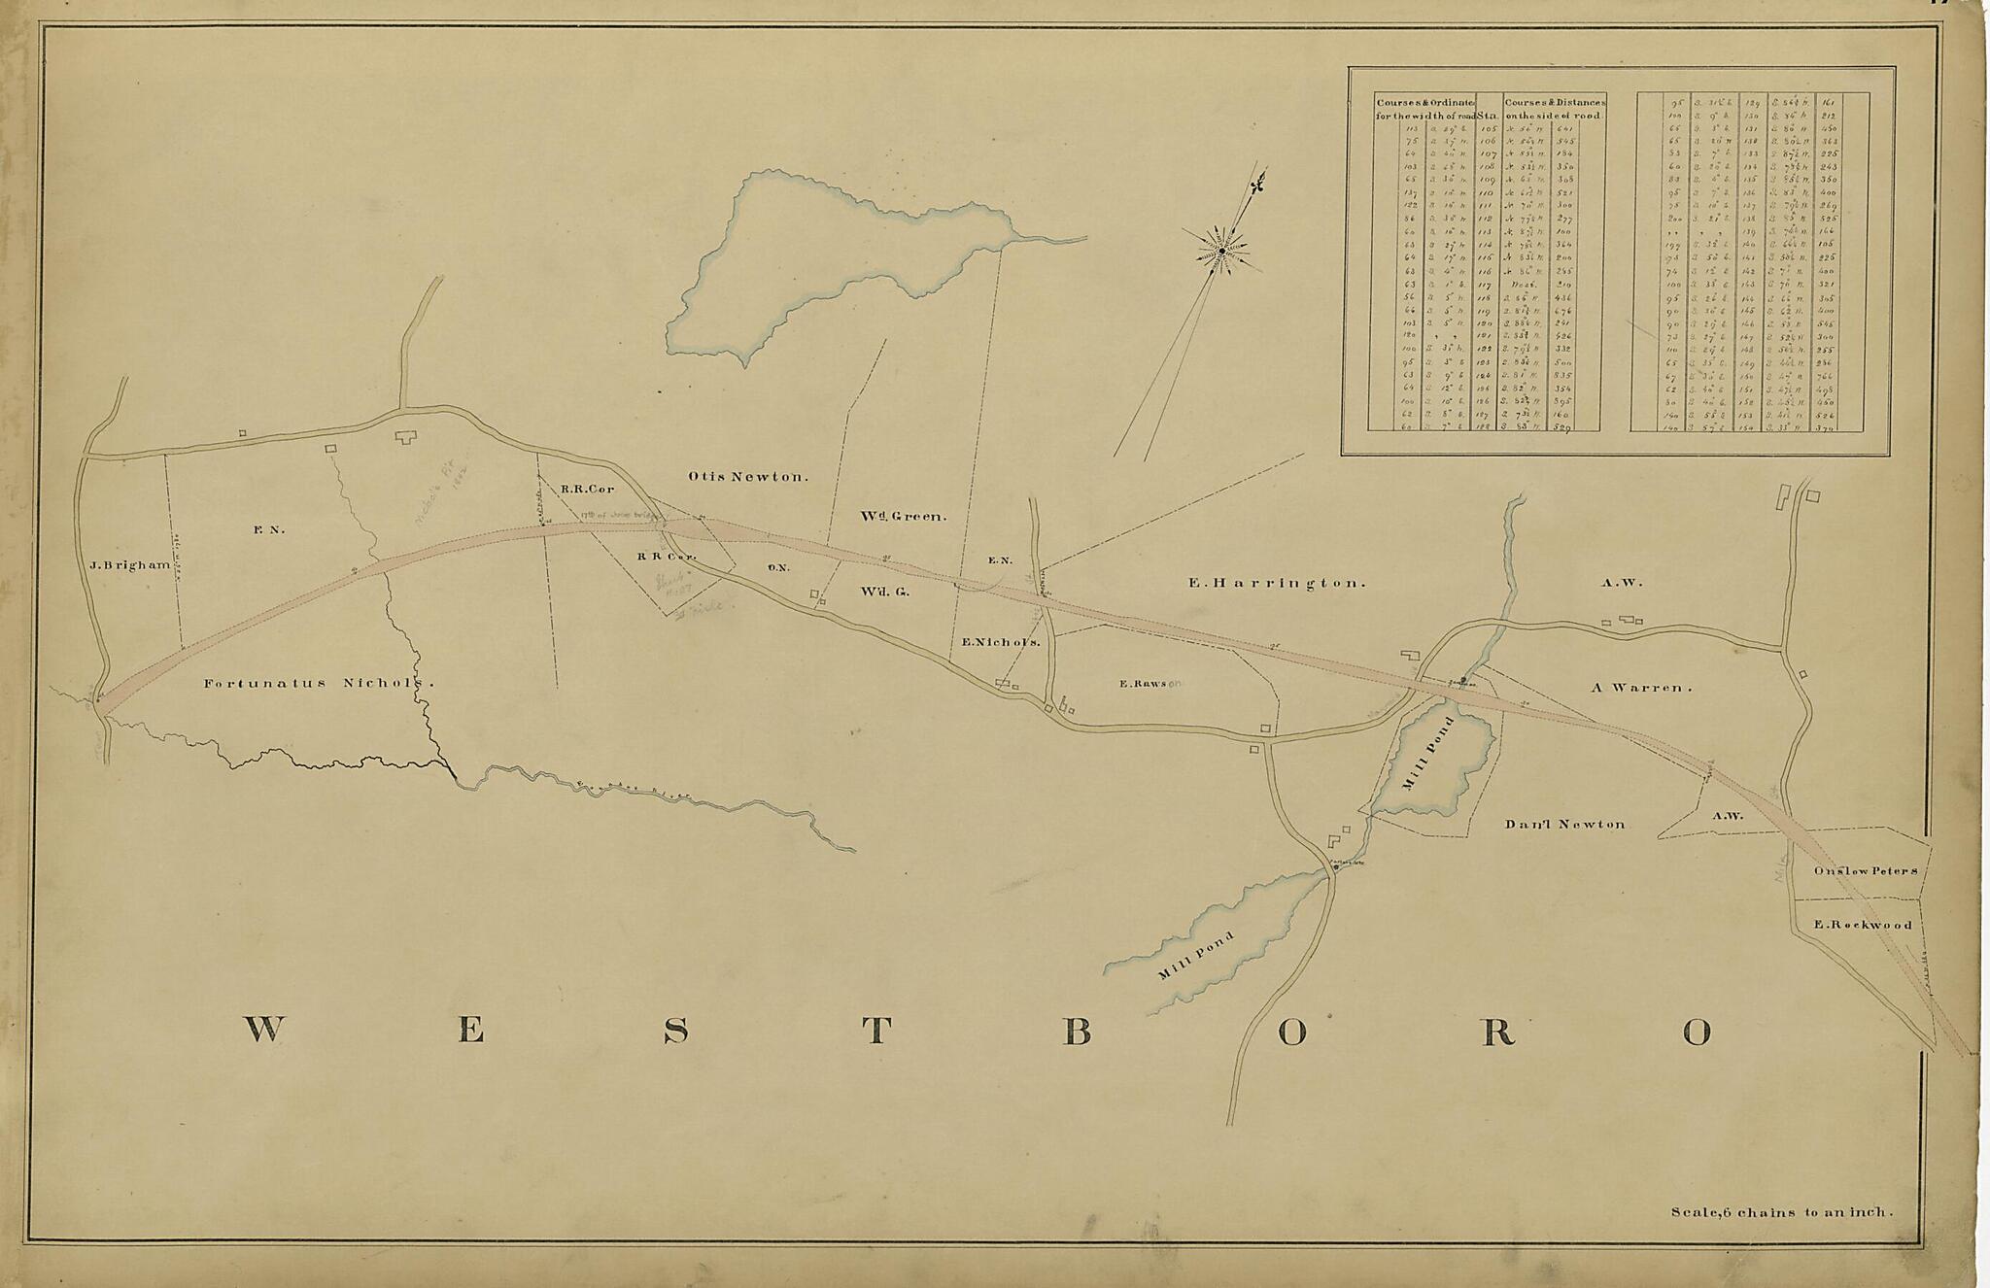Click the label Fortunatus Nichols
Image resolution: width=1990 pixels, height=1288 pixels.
(318, 683)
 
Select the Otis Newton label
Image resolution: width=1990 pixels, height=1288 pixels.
(748, 477)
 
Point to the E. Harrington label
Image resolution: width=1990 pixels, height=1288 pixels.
(1277, 584)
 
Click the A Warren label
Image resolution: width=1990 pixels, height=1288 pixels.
(1641, 687)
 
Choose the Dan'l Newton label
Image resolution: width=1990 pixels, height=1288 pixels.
(1564, 824)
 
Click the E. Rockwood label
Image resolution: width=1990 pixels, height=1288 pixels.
(1863, 925)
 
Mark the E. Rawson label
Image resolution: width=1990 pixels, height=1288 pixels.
(1150, 684)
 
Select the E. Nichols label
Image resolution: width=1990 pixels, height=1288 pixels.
(1001, 642)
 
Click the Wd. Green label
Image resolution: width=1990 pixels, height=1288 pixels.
(902, 517)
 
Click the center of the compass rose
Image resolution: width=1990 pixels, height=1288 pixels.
(1220, 253)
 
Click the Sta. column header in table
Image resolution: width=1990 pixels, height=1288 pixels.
(1489, 114)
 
